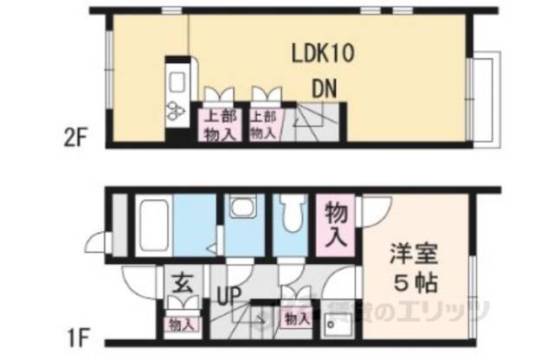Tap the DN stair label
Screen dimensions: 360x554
tap(324, 88)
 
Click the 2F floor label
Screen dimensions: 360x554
tap(76, 137)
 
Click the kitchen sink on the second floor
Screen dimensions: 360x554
tap(177, 84)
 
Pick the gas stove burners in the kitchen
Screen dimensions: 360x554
tap(176, 111)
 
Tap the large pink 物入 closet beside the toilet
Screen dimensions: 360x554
tap(334, 223)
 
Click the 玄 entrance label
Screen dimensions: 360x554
tap(181, 282)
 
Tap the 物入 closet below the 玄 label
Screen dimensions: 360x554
tap(181, 324)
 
